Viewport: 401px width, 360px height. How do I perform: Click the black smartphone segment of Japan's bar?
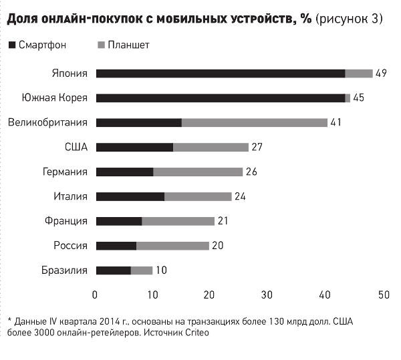pyautogui.click(x=221, y=73)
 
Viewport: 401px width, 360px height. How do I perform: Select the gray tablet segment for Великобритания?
pyautogui.click(x=255, y=122)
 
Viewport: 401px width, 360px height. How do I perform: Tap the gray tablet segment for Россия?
pyautogui.click(x=172, y=246)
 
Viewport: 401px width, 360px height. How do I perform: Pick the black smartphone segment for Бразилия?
pyautogui.click(x=114, y=271)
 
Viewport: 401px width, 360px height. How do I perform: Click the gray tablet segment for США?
pyautogui.click(x=211, y=147)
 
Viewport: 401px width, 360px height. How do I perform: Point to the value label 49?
pyautogui.click(x=382, y=73)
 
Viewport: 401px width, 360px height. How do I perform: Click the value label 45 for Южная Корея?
pyautogui.click(x=358, y=98)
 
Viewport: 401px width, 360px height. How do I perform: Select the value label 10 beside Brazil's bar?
pyautogui.click(x=162, y=271)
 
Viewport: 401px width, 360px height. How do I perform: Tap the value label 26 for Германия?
pyautogui.click(x=252, y=172)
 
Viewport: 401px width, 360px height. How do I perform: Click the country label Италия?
pyautogui.click(x=72, y=196)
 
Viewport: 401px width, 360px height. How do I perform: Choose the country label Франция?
pyautogui.click(x=69, y=221)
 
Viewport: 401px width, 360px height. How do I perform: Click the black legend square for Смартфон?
pyautogui.click(x=11, y=45)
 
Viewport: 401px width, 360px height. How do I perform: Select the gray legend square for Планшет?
pyautogui.click(x=101, y=45)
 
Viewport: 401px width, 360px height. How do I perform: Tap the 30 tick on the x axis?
pyautogui.click(x=268, y=295)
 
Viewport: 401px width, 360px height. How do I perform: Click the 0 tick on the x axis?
pyautogui.click(x=96, y=295)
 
